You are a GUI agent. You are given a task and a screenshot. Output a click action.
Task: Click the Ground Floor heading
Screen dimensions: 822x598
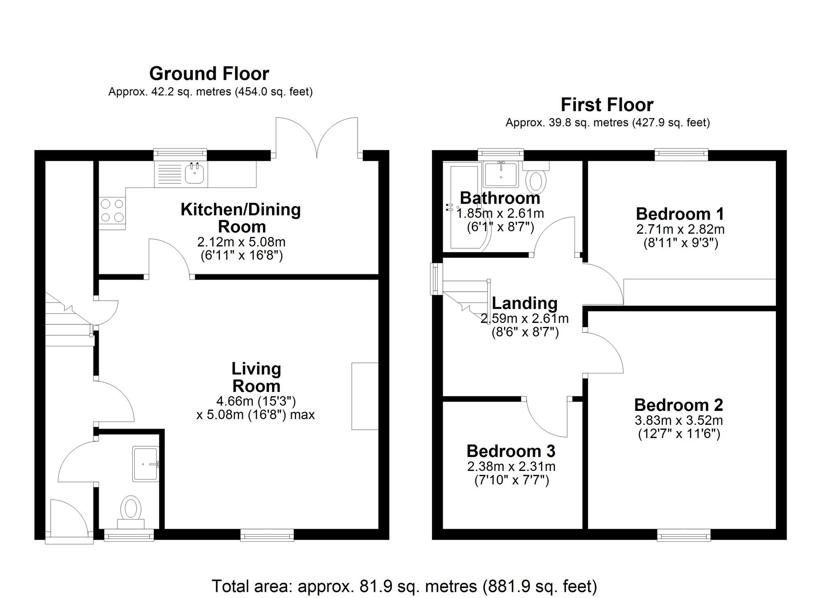[209, 74]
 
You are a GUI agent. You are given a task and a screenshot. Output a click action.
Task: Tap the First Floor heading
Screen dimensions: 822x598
[607, 105]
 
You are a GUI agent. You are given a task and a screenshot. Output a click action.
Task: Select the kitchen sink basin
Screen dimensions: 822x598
[194, 173]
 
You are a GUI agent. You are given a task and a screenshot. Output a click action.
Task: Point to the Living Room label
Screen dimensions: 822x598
[256, 377]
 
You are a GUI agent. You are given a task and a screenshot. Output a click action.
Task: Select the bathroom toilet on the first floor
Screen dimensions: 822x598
[536, 177]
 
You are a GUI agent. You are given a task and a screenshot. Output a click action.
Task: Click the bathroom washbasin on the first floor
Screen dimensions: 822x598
[501, 174]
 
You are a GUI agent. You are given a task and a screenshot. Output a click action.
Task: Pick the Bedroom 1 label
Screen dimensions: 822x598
[680, 214]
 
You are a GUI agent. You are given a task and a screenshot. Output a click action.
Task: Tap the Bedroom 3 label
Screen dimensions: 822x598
[511, 451]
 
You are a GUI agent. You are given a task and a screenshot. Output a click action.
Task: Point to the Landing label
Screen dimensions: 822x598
[525, 303]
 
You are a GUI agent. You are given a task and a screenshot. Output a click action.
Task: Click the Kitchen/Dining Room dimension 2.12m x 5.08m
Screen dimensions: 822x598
[241, 241]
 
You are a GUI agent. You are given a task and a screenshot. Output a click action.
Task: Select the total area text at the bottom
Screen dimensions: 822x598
[404, 586]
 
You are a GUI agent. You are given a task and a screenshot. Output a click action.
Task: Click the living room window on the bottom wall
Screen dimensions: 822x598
[267, 534]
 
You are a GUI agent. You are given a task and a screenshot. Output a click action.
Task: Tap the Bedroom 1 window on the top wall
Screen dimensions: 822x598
[681, 155]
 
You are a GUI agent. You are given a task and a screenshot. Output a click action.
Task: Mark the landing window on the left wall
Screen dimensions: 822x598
[436, 279]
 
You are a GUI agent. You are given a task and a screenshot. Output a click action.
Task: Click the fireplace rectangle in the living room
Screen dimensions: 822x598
[365, 396]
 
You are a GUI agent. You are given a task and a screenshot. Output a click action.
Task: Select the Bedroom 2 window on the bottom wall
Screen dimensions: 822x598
[684, 534]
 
